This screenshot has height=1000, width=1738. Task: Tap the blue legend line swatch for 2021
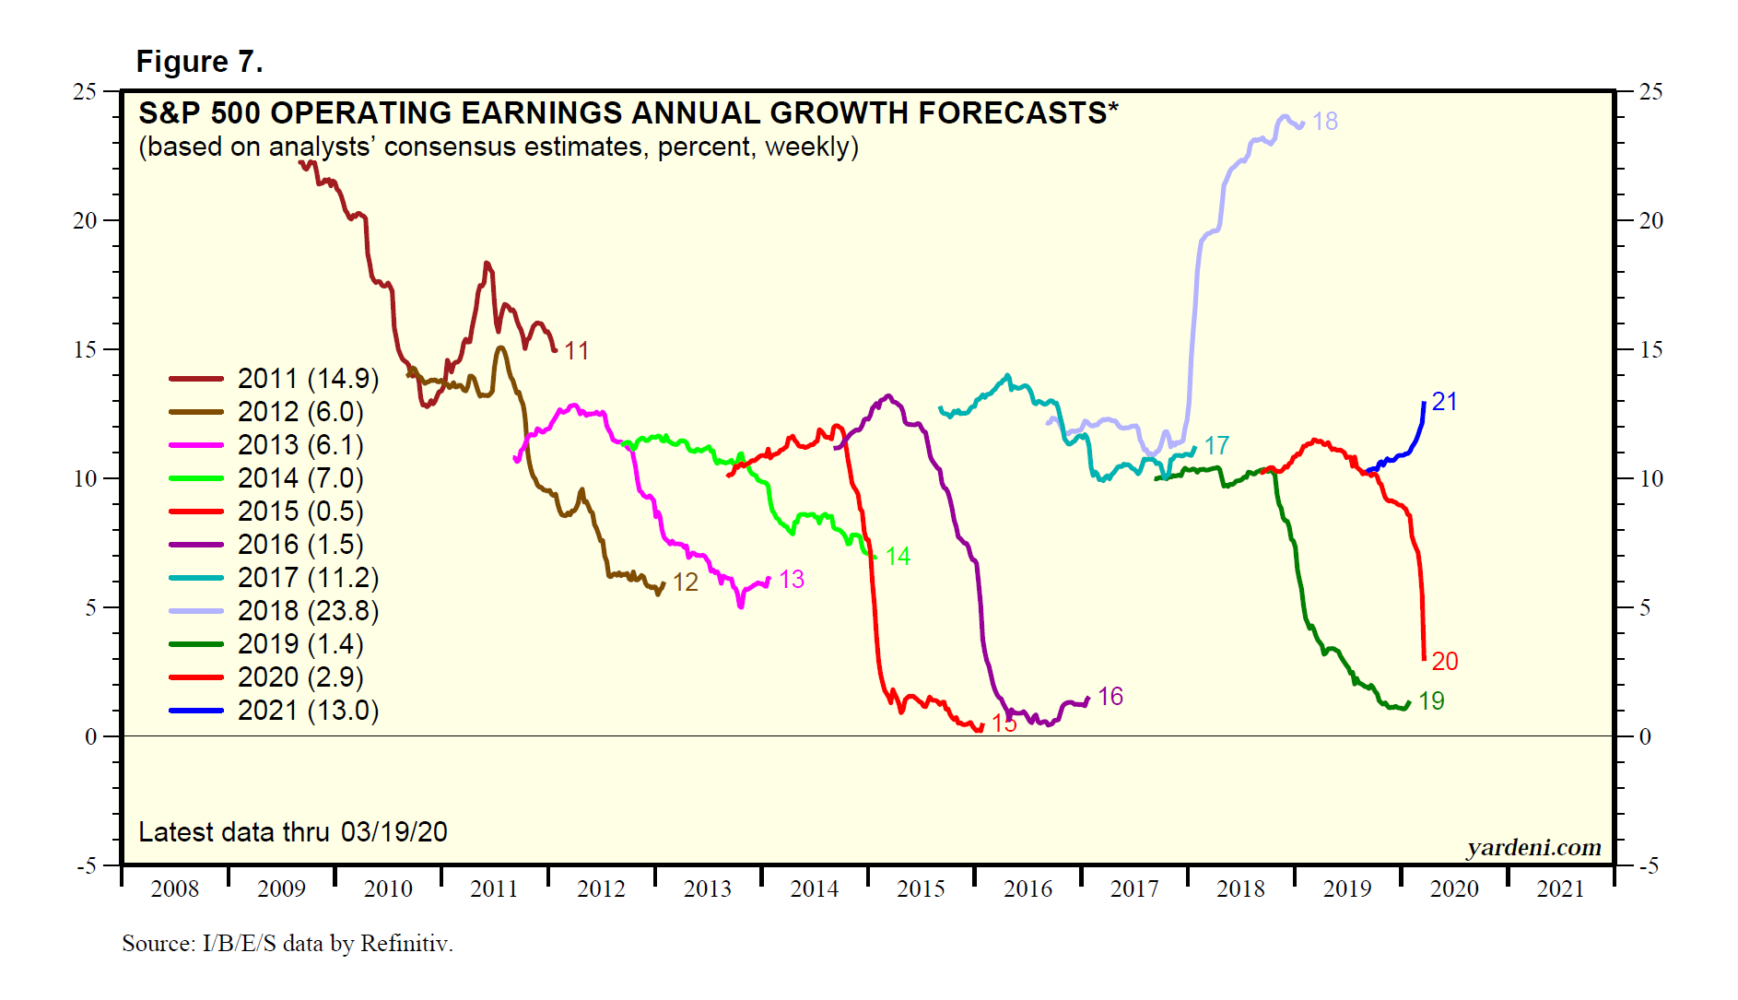(x=196, y=711)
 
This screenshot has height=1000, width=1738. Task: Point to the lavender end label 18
(x=1325, y=122)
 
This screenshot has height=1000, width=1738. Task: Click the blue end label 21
(x=1444, y=402)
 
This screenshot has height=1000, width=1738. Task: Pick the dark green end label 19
(x=1431, y=701)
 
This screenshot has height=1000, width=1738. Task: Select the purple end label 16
(x=1110, y=697)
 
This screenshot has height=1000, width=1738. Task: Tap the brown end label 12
(x=686, y=582)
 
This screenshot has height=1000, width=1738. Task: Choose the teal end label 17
(x=1216, y=446)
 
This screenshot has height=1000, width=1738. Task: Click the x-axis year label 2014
(x=815, y=889)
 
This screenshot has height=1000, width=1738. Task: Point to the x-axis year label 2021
(x=1561, y=889)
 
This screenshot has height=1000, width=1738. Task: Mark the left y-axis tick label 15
(x=85, y=349)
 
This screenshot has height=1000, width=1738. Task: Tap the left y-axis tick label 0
(x=90, y=736)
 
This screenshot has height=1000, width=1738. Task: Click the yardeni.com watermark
(x=1533, y=847)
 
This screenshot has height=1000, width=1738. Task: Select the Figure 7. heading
(x=199, y=62)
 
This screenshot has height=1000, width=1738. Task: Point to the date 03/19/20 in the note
(x=393, y=832)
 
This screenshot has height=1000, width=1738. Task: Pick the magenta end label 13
(x=792, y=580)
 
